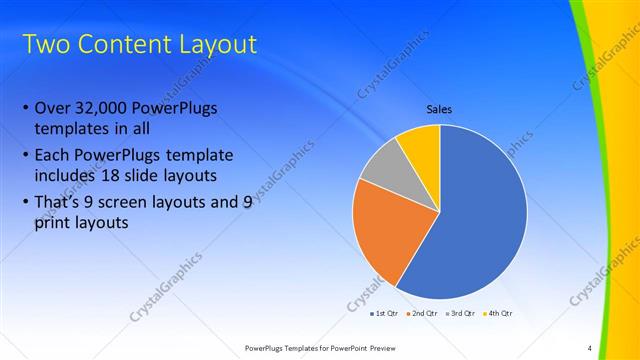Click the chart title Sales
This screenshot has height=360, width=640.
point(440,109)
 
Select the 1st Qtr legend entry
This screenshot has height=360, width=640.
point(384,313)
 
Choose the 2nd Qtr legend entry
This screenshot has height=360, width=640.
point(422,313)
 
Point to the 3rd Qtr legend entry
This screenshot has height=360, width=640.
point(461,313)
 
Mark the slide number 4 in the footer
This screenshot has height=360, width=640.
point(590,348)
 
